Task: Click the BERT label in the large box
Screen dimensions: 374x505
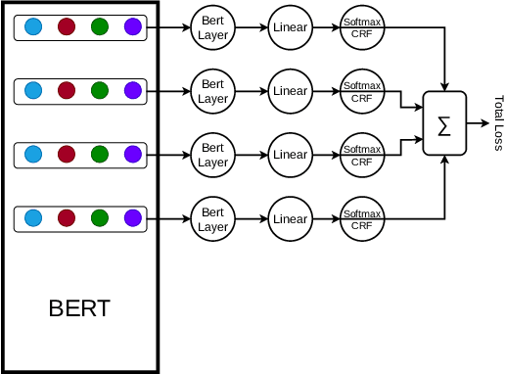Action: (79, 309)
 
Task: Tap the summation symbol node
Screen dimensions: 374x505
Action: (444, 124)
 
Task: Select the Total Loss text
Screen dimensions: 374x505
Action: (498, 123)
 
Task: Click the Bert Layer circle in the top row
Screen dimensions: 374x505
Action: (213, 28)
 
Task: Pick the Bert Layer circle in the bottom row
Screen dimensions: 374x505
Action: (213, 219)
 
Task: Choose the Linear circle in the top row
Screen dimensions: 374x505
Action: (290, 28)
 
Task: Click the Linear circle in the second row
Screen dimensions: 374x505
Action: (290, 92)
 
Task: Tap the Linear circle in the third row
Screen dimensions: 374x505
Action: (290, 155)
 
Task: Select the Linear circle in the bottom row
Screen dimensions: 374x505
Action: (290, 219)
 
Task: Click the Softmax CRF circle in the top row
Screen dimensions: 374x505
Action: (362, 28)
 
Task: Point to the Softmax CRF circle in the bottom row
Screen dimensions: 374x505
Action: (362, 219)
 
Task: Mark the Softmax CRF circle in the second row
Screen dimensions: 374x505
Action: (362, 92)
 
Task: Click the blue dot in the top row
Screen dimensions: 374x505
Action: (32, 28)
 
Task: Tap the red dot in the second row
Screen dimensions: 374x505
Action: (67, 91)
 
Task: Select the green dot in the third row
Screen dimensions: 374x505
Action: (99, 154)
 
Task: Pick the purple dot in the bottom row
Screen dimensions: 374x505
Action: (133, 217)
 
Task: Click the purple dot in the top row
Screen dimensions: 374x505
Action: (133, 28)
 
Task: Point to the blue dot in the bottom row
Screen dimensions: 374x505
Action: (32, 217)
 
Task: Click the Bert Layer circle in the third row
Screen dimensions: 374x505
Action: (213, 155)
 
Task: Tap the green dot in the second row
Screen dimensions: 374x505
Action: (99, 91)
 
